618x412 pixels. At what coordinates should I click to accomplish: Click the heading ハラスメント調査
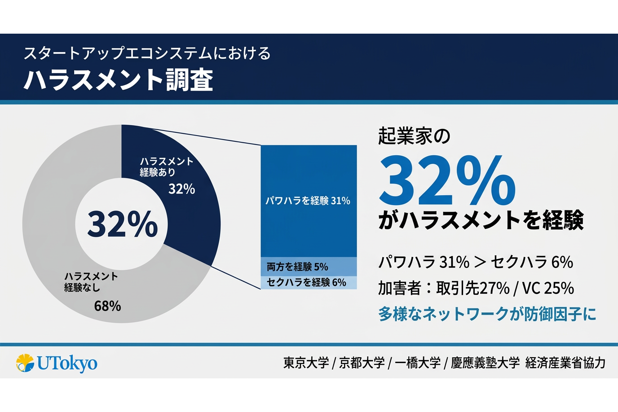pos(118,80)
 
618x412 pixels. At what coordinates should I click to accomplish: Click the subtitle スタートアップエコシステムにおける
pos(147,53)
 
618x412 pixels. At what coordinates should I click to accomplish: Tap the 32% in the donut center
pos(122,224)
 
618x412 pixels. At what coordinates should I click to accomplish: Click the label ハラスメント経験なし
pos(91,282)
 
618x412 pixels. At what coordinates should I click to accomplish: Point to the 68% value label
pos(107,306)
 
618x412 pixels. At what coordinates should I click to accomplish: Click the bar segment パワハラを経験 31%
pos(308,201)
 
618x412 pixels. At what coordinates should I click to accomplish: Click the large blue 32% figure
pos(447,182)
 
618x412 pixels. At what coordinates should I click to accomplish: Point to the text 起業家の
pos(414,136)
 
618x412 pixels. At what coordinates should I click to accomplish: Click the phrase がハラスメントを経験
pos(481,220)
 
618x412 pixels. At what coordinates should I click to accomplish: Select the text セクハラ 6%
pos(532,262)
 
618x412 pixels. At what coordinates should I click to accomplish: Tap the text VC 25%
pos(548,288)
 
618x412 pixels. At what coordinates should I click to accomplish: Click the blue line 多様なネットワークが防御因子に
pos(487,314)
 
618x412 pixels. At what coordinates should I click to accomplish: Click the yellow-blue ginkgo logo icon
pos(25,363)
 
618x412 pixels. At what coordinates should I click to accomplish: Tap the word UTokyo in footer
pos(67,363)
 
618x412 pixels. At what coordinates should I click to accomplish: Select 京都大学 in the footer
pos(362,363)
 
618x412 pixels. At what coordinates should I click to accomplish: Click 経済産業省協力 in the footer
pos(565,363)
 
